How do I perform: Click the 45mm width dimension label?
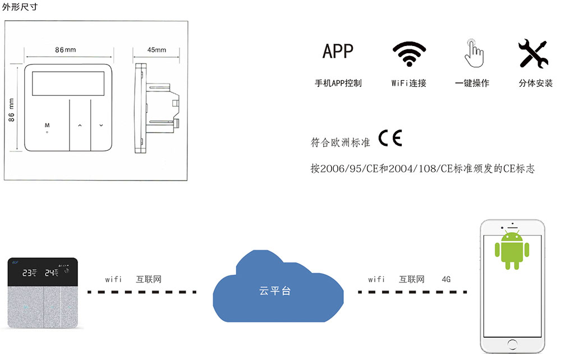(x=157, y=50)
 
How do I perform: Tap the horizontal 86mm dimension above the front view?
(x=66, y=50)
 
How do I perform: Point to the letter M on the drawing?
(x=47, y=125)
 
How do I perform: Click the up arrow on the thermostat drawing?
(x=80, y=126)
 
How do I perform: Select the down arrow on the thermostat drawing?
(x=101, y=126)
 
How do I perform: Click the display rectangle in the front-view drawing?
(x=68, y=84)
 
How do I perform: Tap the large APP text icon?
(x=338, y=51)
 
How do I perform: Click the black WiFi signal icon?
(x=410, y=54)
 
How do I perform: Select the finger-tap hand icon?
(x=473, y=53)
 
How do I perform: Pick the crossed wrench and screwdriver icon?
(x=534, y=53)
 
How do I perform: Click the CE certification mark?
(x=390, y=138)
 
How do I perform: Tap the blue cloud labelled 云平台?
(x=278, y=287)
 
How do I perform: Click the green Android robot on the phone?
(x=512, y=250)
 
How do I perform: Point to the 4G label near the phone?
(x=446, y=279)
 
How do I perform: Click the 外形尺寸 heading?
(x=20, y=7)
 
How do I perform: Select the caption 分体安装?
(x=536, y=84)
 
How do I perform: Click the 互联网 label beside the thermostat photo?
(x=149, y=279)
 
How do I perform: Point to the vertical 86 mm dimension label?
(x=11, y=110)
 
